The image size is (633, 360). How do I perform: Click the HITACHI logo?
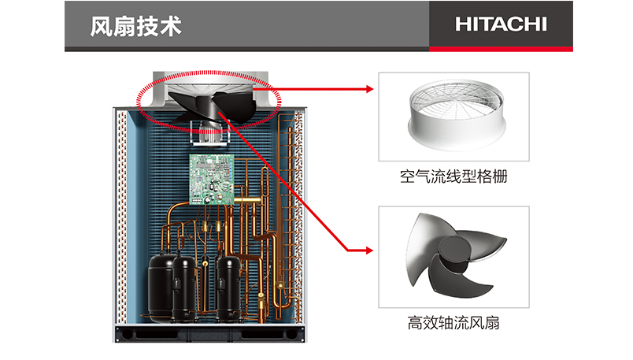[x=501, y=24]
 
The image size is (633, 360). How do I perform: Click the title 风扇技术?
[x=135, y=27]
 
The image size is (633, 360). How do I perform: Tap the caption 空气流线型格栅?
[x=453, y=176]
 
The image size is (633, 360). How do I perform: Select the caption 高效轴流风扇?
[x=453, y=323]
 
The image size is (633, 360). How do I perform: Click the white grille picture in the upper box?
[x=456, y=115]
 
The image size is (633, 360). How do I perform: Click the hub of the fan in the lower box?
[x=454, y=254]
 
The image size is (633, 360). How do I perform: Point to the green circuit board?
[x=212, y=180]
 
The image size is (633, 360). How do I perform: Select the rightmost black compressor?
[x=229, y=288]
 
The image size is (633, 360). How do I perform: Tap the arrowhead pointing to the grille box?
[x=369, y=89]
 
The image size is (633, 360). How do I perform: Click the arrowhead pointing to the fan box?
[x=369, y=251]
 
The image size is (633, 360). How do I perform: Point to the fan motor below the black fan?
[x=209, y=132]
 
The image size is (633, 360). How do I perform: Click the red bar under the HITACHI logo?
[x=501, y=49]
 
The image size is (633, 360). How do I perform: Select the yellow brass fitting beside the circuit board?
[x=247, y=199]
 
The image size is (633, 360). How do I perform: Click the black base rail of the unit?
[x=209, y=334]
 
